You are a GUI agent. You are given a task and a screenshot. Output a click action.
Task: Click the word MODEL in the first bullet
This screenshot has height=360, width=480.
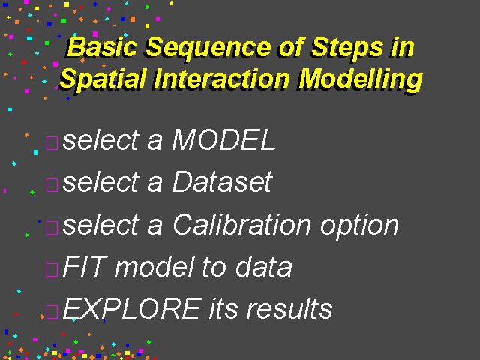[224, 139]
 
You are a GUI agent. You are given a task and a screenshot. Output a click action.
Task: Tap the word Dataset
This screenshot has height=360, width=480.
[222, 181]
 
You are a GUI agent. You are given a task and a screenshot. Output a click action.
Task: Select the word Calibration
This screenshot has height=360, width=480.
[241, 224]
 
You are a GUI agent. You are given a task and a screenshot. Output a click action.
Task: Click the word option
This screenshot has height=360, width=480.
[359, 228]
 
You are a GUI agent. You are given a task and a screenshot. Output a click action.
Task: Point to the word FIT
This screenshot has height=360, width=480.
[85, 266]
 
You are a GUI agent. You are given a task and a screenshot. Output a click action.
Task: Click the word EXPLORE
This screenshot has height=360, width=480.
[132, 308]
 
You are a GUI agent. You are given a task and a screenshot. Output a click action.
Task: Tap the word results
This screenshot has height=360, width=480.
[289, 308]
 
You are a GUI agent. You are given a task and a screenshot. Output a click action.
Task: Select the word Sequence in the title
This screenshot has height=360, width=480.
[208, 48]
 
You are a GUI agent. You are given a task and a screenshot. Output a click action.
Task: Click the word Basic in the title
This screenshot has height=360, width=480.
[102, 47]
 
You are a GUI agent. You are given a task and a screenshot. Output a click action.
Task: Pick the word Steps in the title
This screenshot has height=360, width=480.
[347, 48]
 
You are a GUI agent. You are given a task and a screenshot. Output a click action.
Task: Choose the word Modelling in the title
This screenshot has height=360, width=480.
[361, 80]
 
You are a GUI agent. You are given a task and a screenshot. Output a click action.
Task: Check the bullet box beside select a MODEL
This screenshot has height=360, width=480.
[52, 143]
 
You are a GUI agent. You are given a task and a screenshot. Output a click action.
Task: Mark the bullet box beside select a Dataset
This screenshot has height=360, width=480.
[52, 185]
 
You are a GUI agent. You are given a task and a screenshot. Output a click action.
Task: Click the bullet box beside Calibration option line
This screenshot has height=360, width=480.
[52, 228]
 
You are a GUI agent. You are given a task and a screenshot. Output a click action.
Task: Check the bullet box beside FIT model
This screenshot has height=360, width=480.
[52, 270]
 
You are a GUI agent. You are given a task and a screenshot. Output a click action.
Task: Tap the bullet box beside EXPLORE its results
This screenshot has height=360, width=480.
[52, 312]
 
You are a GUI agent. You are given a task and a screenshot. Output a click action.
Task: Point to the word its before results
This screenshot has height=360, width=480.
[223, 308]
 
